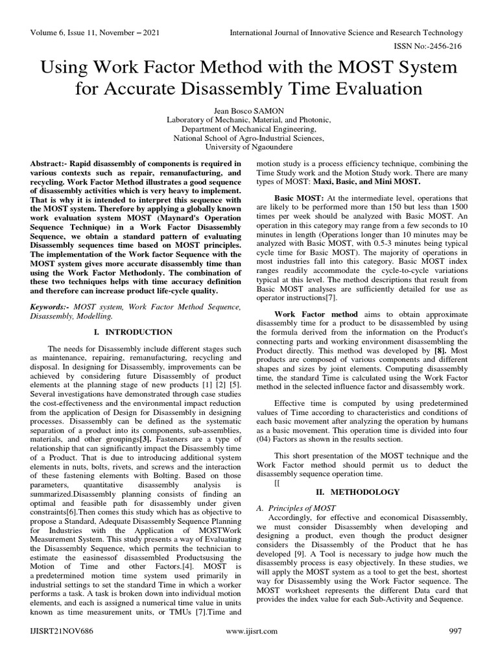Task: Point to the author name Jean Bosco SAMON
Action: (249, 110)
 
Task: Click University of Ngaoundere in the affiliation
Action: (249, 147)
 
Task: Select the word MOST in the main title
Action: (357, 67)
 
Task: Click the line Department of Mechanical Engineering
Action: (249, 128)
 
